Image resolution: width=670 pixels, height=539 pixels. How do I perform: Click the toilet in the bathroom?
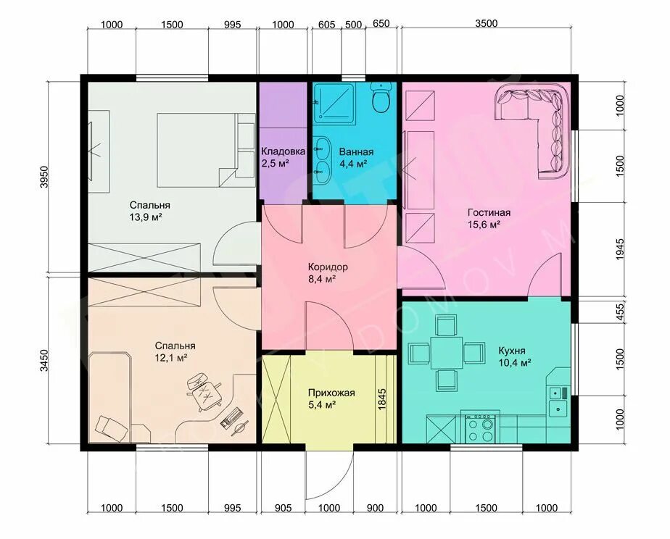click(x=380, y=98)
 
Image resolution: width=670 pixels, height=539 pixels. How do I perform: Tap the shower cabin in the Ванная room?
click(x=334, y=104)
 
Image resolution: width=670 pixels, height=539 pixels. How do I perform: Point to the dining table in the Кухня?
click(x=447, y=353)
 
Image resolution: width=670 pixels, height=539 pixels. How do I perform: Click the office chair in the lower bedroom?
click(x=204, y=391)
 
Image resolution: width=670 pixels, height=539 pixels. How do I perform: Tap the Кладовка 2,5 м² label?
click(x=283, y=157)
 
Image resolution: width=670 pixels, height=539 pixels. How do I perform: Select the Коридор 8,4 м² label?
click(x=328, y=273)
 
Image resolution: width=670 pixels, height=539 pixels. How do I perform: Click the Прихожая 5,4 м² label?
click(x=331, y=398)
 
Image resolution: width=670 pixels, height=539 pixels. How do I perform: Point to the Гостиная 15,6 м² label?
click(x=489, y=219)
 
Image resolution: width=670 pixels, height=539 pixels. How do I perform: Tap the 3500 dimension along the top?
click(x=487, y=23)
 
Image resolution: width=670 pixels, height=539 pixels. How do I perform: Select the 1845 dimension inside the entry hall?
click(x=382, y=399)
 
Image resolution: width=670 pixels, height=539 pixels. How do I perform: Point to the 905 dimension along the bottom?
click(x=283, y=508)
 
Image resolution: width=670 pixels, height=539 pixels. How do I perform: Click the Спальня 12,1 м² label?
click(x=175, y=351)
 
